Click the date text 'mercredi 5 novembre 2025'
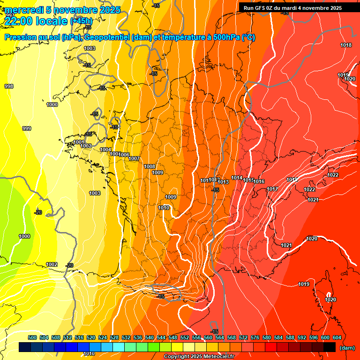point(63,10)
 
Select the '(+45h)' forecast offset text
point(81,21)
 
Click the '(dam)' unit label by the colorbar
point(347,347)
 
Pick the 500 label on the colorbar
point(32,337)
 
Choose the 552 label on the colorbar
point(185,337)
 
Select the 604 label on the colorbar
point(337,337)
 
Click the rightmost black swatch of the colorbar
point(330,347)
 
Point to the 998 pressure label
point(9,86)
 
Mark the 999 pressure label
point(27,128)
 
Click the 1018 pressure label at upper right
point(346,45)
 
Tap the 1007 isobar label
point(134,158)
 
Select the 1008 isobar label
point(150,166)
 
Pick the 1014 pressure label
point(237,178)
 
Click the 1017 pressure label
point(272,189)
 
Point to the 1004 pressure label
point(105,150)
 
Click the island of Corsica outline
point(324,295)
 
